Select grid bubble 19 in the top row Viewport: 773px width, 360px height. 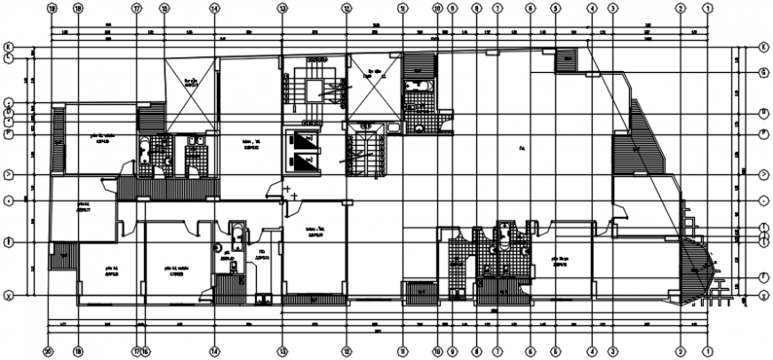tap(52, 8)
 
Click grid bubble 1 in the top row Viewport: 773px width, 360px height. tap(708, 8)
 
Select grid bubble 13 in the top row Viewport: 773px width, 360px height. tap(282, 8)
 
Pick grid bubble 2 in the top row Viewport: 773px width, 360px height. tap(681, 8)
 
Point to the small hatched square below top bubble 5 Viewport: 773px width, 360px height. tap(565, 61)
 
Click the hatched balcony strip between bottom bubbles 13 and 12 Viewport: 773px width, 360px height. tap(312, 300)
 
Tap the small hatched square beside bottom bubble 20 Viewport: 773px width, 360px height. tap(65, 258)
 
